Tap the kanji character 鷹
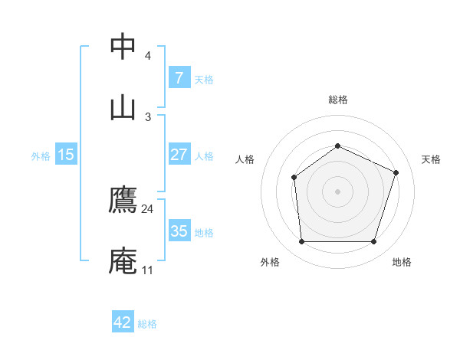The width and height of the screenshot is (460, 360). tap(123, 200)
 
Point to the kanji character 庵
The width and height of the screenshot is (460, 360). tap(123, 261)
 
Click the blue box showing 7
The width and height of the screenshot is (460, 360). tap(179, 78)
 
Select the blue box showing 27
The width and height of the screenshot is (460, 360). tap(179, 155)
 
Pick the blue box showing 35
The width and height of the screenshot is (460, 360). tap(179, 231)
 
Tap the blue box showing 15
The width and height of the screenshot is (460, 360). tap(66, 155)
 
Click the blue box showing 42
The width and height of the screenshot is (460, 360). tap(123, 322)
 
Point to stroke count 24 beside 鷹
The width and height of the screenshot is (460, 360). tap(147, 209)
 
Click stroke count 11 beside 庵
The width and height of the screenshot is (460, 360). tap(147, 270)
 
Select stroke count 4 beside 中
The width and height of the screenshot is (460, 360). tap(148, 56)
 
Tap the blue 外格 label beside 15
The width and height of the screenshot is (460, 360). tap(41, 155)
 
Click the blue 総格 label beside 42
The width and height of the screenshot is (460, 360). tap(147, 324)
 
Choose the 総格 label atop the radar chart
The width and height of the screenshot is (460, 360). tap(337, 100)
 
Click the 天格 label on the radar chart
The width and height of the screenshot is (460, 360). tap(432, 159)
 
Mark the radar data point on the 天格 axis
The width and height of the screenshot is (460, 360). tap(396, 172)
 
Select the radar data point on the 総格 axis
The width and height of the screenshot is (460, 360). tap(337, 146)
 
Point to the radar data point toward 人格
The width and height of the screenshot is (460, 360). tap(294, 178)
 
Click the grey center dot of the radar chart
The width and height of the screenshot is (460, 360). tap(337, 191)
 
